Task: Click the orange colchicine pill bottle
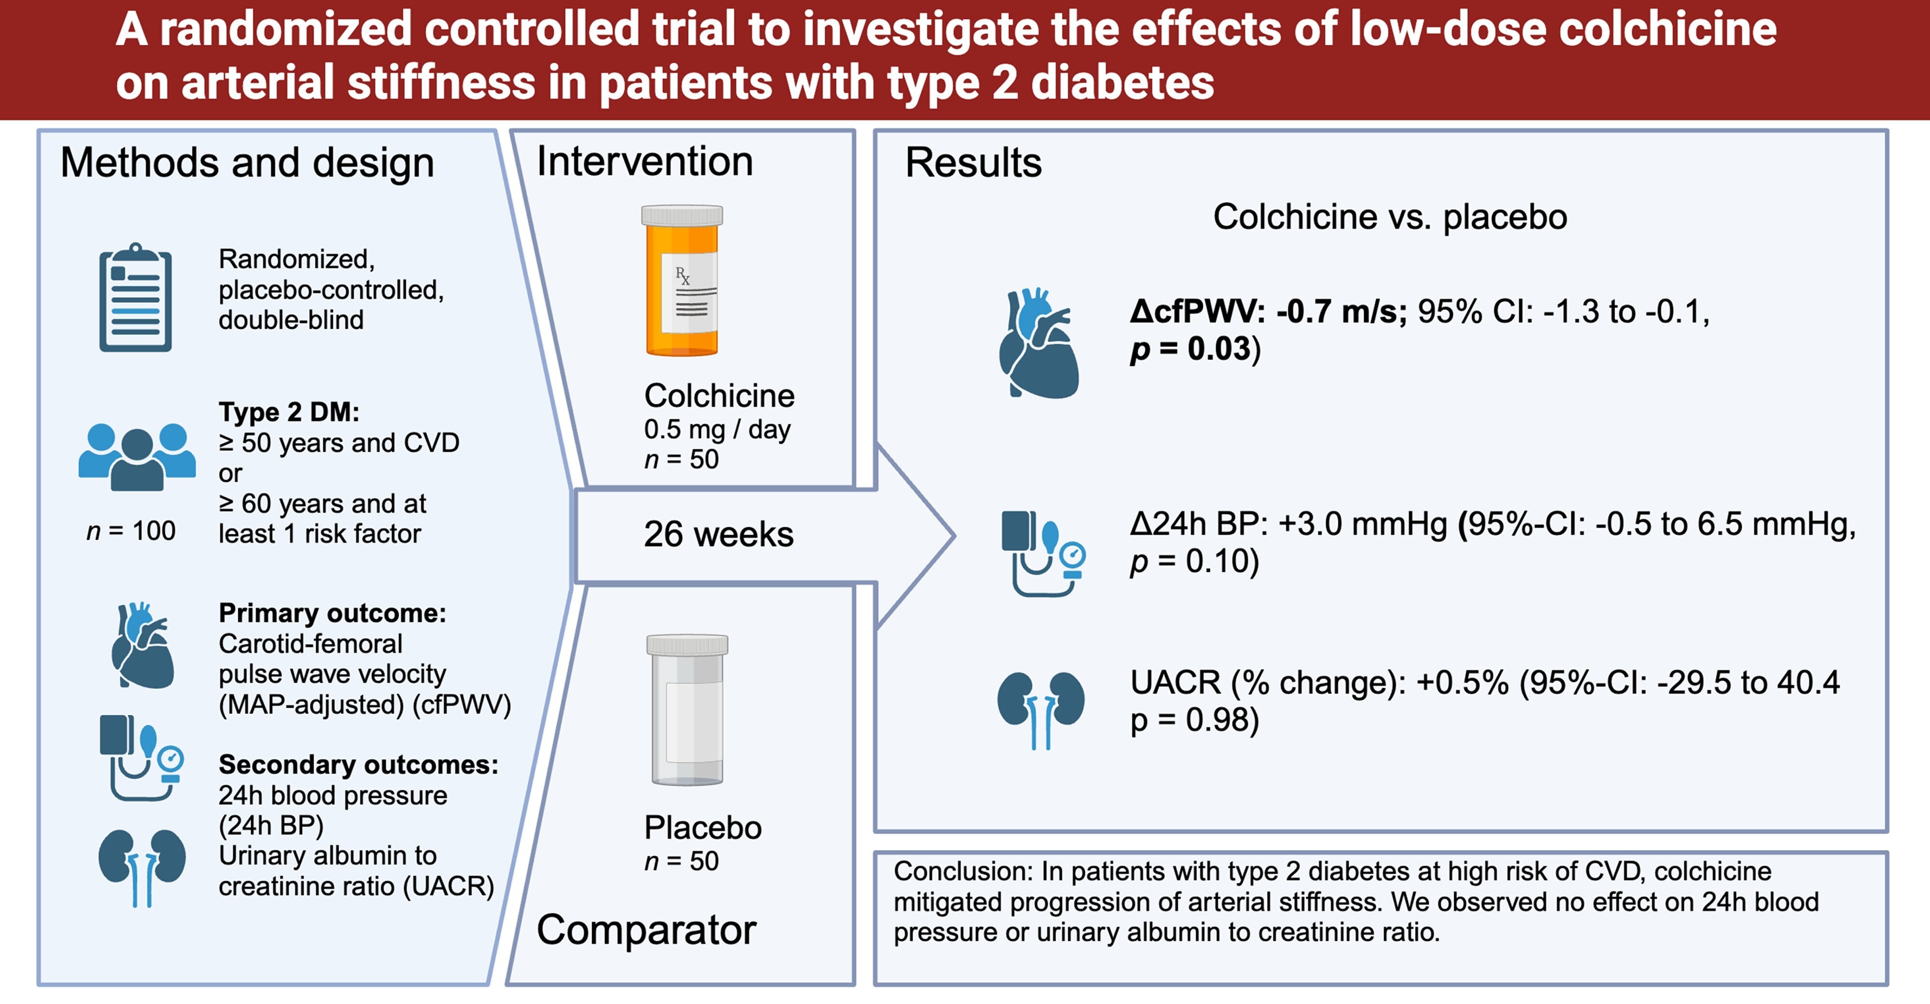[682, 281]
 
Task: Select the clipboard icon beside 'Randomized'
[136, 297]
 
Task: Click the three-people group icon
[137, 457]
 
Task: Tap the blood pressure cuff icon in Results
[1043, 554]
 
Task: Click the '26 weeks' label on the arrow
[718, 534]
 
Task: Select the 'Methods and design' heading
[247, 163]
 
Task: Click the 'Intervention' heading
[644, 161]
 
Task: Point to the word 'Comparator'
[647, 931]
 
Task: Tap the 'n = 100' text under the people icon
[131, 531]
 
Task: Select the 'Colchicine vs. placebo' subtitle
[1390, 217]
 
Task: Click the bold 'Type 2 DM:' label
[289, 412]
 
